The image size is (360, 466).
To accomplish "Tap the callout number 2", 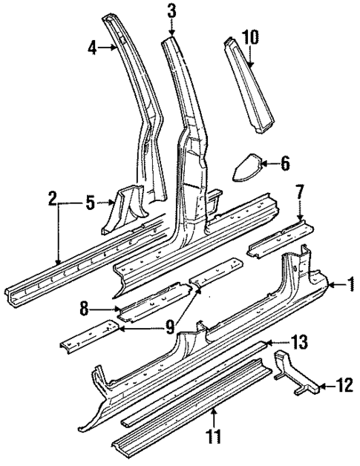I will (53, 198).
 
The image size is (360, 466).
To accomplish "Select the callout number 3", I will (171, 11).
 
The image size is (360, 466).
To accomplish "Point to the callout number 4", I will (92, 47).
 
